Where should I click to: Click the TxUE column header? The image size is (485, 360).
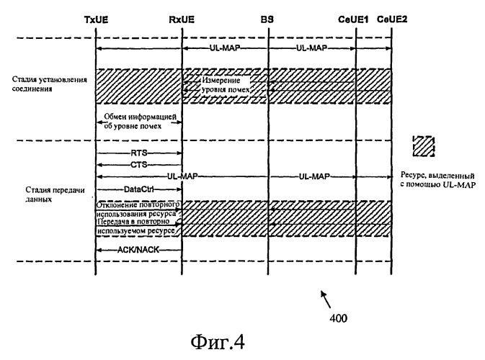(x=96, y=19)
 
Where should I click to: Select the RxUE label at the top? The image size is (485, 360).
(x=182, y=19)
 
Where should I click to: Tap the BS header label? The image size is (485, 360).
(x=267, y=19)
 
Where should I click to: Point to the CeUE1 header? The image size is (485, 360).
(x=353, y=19)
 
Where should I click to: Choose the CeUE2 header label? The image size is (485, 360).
(x=392, y=19)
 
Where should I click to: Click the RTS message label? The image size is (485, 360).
(x=139, y=153)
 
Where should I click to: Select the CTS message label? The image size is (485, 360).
(x=139, y=165)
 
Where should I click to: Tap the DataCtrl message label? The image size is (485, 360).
(x=139, y=189)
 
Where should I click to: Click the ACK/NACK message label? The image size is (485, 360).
(x=138, y=250)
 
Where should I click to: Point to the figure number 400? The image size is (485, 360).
(x=339, y=318)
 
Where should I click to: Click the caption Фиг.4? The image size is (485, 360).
(x=218, y=343)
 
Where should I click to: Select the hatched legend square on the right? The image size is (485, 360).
(x=424, y=146)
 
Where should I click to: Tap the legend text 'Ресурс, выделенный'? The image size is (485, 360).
(x=437, y=176)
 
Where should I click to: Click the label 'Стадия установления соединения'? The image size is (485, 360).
(x=50, y=84)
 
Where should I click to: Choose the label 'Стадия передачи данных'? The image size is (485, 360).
(x=55, y=194)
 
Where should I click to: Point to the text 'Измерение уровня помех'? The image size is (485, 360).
(x=226, y=85)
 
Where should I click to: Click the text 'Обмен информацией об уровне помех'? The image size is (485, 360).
(x=140, y=121)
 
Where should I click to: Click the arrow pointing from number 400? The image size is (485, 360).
(x=326, y=300)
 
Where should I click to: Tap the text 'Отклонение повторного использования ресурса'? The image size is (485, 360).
(x=138, y=210)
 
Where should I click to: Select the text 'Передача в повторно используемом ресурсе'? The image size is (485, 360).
(x=136, y=226)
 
